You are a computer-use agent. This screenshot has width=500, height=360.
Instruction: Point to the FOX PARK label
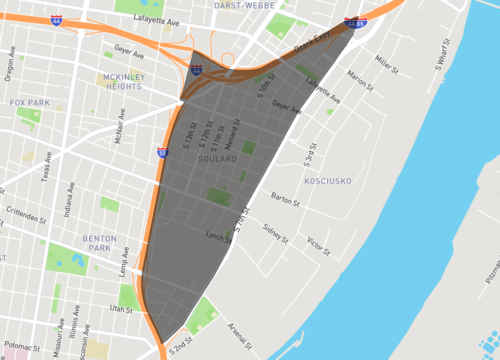[x=30, y=102]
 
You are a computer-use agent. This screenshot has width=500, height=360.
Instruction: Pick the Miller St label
[x=386, y=65]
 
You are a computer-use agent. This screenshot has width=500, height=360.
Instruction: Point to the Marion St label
[x=358, y=76]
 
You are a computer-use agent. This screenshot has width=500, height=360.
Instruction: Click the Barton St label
[x=284, y=197]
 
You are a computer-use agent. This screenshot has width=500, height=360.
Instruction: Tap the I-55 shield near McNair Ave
[x=162, y=152]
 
